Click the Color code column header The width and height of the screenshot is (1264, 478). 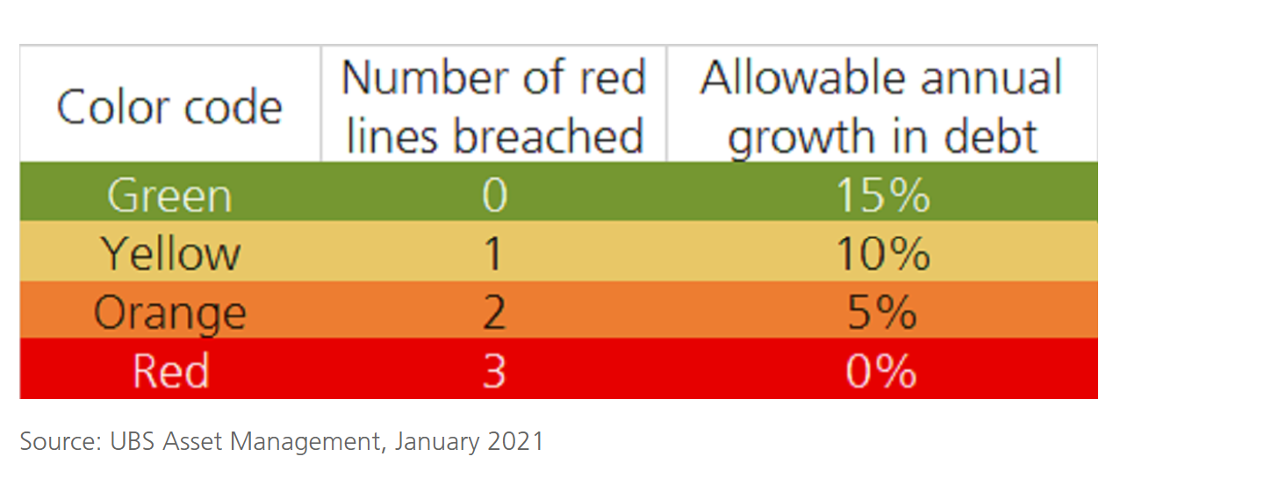(x=169, y=106)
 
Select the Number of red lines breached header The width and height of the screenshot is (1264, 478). (x=493, y=106)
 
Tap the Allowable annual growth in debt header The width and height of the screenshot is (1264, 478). (x=881, y=108)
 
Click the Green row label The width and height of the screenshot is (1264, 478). (x=169, y=195)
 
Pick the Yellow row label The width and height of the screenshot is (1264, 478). (x=170, y=253)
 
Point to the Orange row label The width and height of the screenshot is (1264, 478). (x=170, y=313)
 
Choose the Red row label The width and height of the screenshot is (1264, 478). (x=171, y=370)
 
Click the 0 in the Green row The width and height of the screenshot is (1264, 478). (x=495, y=195)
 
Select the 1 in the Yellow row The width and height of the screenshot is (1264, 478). (x=493, y=253)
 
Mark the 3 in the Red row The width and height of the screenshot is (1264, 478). (x=494, y=370)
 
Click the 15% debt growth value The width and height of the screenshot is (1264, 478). (x=882, y=195)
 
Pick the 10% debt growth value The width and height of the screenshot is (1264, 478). (x=883, y=253)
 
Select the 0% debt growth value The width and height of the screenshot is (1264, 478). (x=881, y=370)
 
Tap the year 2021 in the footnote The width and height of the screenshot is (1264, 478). (x=515, y=441)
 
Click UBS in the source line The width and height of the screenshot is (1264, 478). (x=132, y=441)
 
